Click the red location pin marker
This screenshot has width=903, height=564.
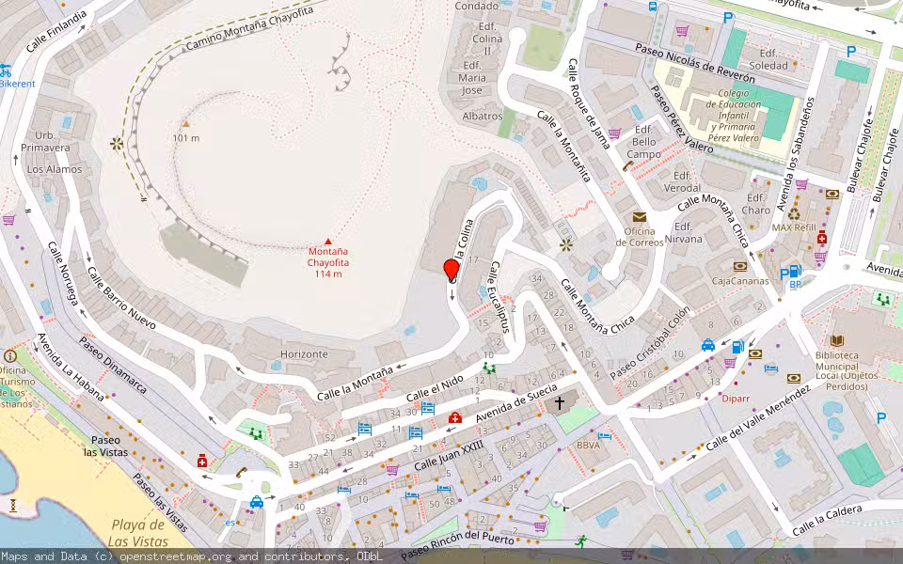451,270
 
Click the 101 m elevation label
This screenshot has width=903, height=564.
186,138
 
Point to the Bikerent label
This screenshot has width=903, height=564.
17,84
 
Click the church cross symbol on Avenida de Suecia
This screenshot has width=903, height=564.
560,403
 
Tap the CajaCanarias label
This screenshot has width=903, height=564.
739,280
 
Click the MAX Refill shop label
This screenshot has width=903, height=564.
794,227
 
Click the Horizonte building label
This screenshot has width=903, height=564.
304,354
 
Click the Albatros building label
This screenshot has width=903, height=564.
483,116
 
